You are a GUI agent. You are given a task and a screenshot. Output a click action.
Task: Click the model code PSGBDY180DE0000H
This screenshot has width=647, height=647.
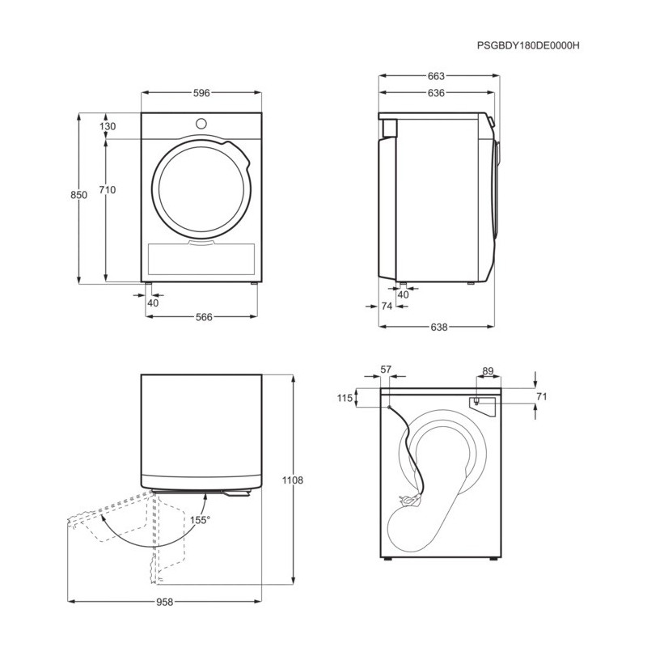(528, 45)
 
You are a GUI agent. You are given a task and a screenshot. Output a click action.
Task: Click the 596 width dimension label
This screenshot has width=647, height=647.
(201, 93)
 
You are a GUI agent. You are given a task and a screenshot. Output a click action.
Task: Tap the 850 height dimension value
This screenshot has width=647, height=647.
(78, 194)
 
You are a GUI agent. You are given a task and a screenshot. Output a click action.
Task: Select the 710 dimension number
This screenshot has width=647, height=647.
(108, 190)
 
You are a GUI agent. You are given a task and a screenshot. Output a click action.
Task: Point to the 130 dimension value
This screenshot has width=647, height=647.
(108, 126)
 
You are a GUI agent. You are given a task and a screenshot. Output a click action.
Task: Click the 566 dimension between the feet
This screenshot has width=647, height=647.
(204, 317)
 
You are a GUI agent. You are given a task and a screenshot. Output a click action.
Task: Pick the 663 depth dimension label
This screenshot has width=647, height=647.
(436, 76)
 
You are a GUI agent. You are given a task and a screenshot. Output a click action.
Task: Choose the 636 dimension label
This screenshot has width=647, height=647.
(436, 93)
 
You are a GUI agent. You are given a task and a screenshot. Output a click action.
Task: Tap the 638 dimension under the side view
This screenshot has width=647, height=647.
(438, 327)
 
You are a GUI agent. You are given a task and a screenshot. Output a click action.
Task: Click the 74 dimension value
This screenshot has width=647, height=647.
(387, 307)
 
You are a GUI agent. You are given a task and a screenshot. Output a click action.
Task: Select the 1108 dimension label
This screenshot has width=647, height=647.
(293, 480)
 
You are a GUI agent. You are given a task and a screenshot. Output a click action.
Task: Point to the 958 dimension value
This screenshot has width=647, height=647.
(165, 603)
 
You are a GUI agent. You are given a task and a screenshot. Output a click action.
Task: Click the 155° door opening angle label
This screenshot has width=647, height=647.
(200, 520)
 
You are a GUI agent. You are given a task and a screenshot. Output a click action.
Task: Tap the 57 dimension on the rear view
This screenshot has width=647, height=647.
(386, 370)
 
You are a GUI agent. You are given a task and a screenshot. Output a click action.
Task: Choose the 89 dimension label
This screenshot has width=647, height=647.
(488, 371)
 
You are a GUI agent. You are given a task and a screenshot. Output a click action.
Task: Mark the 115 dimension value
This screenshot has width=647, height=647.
(345, 398)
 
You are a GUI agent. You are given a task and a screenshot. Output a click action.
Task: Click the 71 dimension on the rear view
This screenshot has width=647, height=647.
(541, 396)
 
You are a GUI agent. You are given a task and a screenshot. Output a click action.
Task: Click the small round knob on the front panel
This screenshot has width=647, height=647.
(201, 124)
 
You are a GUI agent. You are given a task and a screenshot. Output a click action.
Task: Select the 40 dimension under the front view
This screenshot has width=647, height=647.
(153, 302)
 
